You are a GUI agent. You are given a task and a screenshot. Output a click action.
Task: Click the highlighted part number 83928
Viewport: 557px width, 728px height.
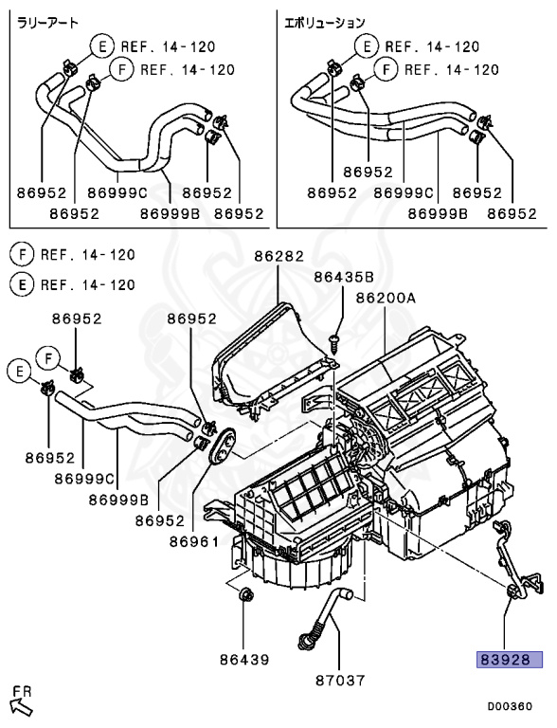pos(509,660)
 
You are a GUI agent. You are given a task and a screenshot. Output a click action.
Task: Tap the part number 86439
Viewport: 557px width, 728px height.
pos(243,658)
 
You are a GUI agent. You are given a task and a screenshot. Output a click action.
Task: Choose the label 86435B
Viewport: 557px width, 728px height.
pos(343,277)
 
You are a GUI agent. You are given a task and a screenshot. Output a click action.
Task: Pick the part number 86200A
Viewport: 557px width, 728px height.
pos(386,297)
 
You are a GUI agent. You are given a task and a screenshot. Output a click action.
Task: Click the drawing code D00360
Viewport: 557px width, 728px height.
pos(510,705)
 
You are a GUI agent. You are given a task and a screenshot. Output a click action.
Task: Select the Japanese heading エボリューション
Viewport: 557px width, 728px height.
pos(325,21)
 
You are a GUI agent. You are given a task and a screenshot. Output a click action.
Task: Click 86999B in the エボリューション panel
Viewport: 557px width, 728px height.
pos(437,214)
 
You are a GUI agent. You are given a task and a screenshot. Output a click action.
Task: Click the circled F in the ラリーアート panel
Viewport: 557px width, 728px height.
pos(120,69)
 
